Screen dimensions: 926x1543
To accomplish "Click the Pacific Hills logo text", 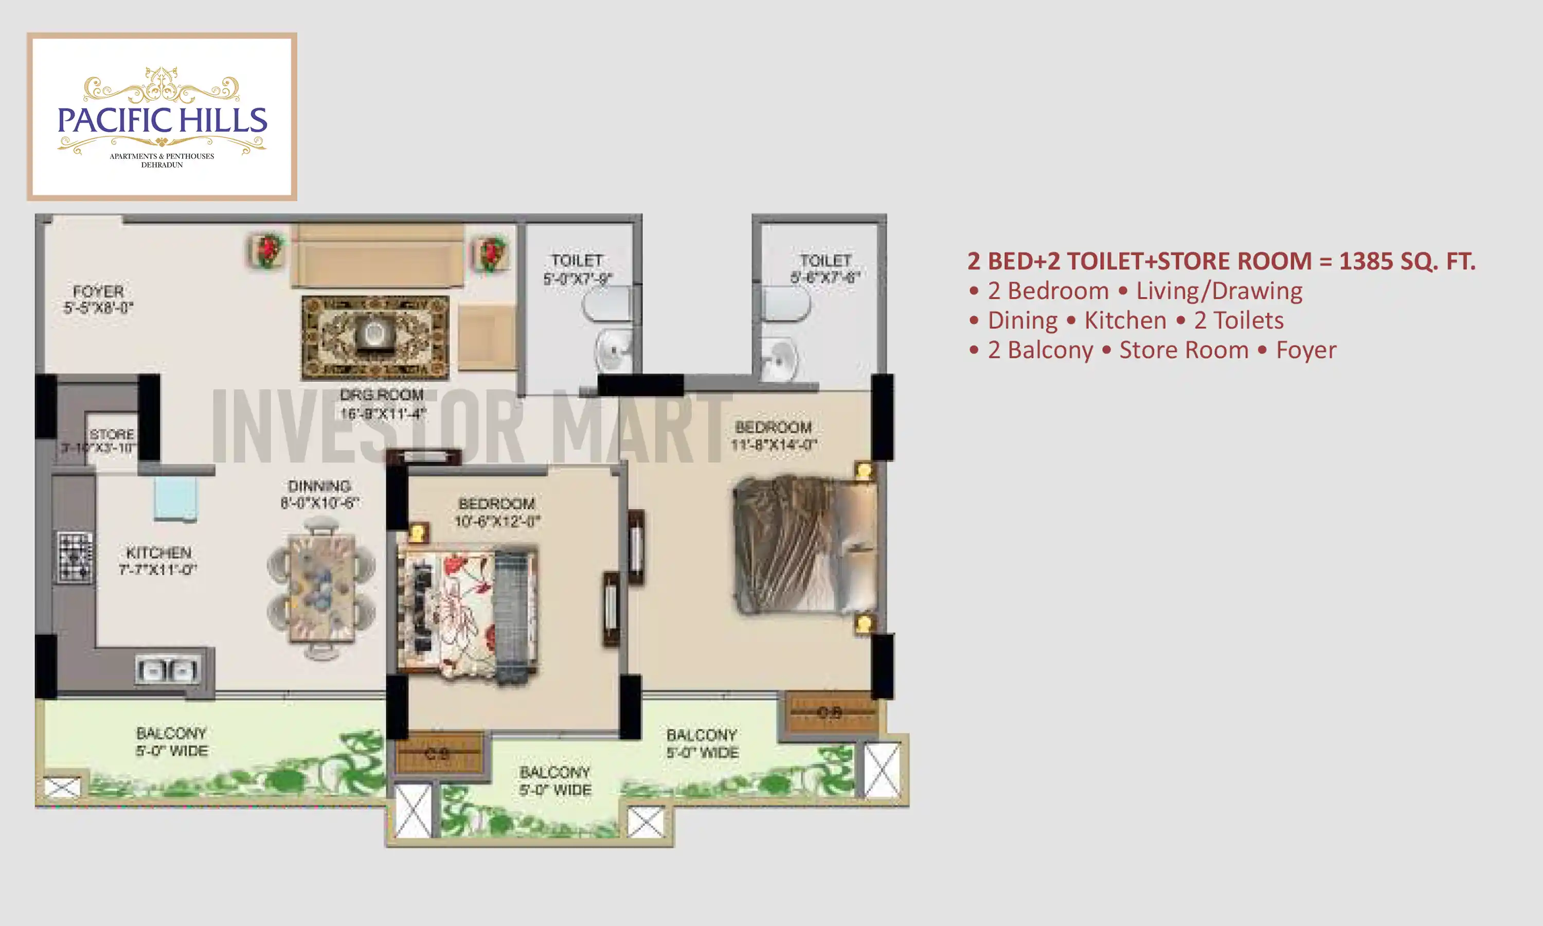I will [x=162, y=120].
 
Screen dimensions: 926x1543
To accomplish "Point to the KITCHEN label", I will [x=158, y=560].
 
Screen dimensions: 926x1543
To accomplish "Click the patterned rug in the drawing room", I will [x=375, y=337].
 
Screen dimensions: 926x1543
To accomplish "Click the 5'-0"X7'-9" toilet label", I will [x=577, y=270].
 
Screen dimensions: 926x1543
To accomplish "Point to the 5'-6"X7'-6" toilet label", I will [x=825, y=269].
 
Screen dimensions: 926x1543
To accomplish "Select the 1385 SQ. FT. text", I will [x=1407, y=261].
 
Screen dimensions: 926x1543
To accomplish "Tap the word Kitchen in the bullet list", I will [x=1125, y=320].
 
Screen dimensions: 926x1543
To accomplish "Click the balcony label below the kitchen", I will [x=171, y=741].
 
